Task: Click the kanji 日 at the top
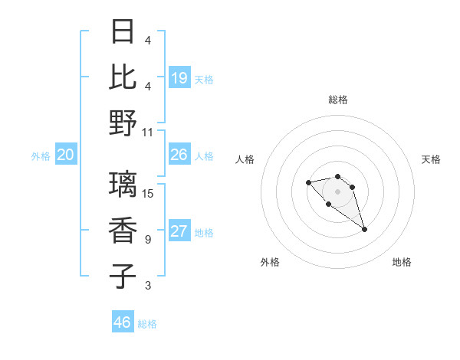123,32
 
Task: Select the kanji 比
123,77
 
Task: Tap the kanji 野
123,123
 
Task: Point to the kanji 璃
123,185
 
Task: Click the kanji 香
123,231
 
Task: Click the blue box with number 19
179,77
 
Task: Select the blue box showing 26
179,155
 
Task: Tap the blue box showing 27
179,232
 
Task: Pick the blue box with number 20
65,155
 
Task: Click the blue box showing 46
123,322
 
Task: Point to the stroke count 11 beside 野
148,132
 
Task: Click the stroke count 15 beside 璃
148,193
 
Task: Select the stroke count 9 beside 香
148,240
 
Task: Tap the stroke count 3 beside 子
148,286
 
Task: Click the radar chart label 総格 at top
337,100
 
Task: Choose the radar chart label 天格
431,159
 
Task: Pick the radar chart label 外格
270,262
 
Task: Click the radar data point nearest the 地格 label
364,229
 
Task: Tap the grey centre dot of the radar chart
337,191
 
